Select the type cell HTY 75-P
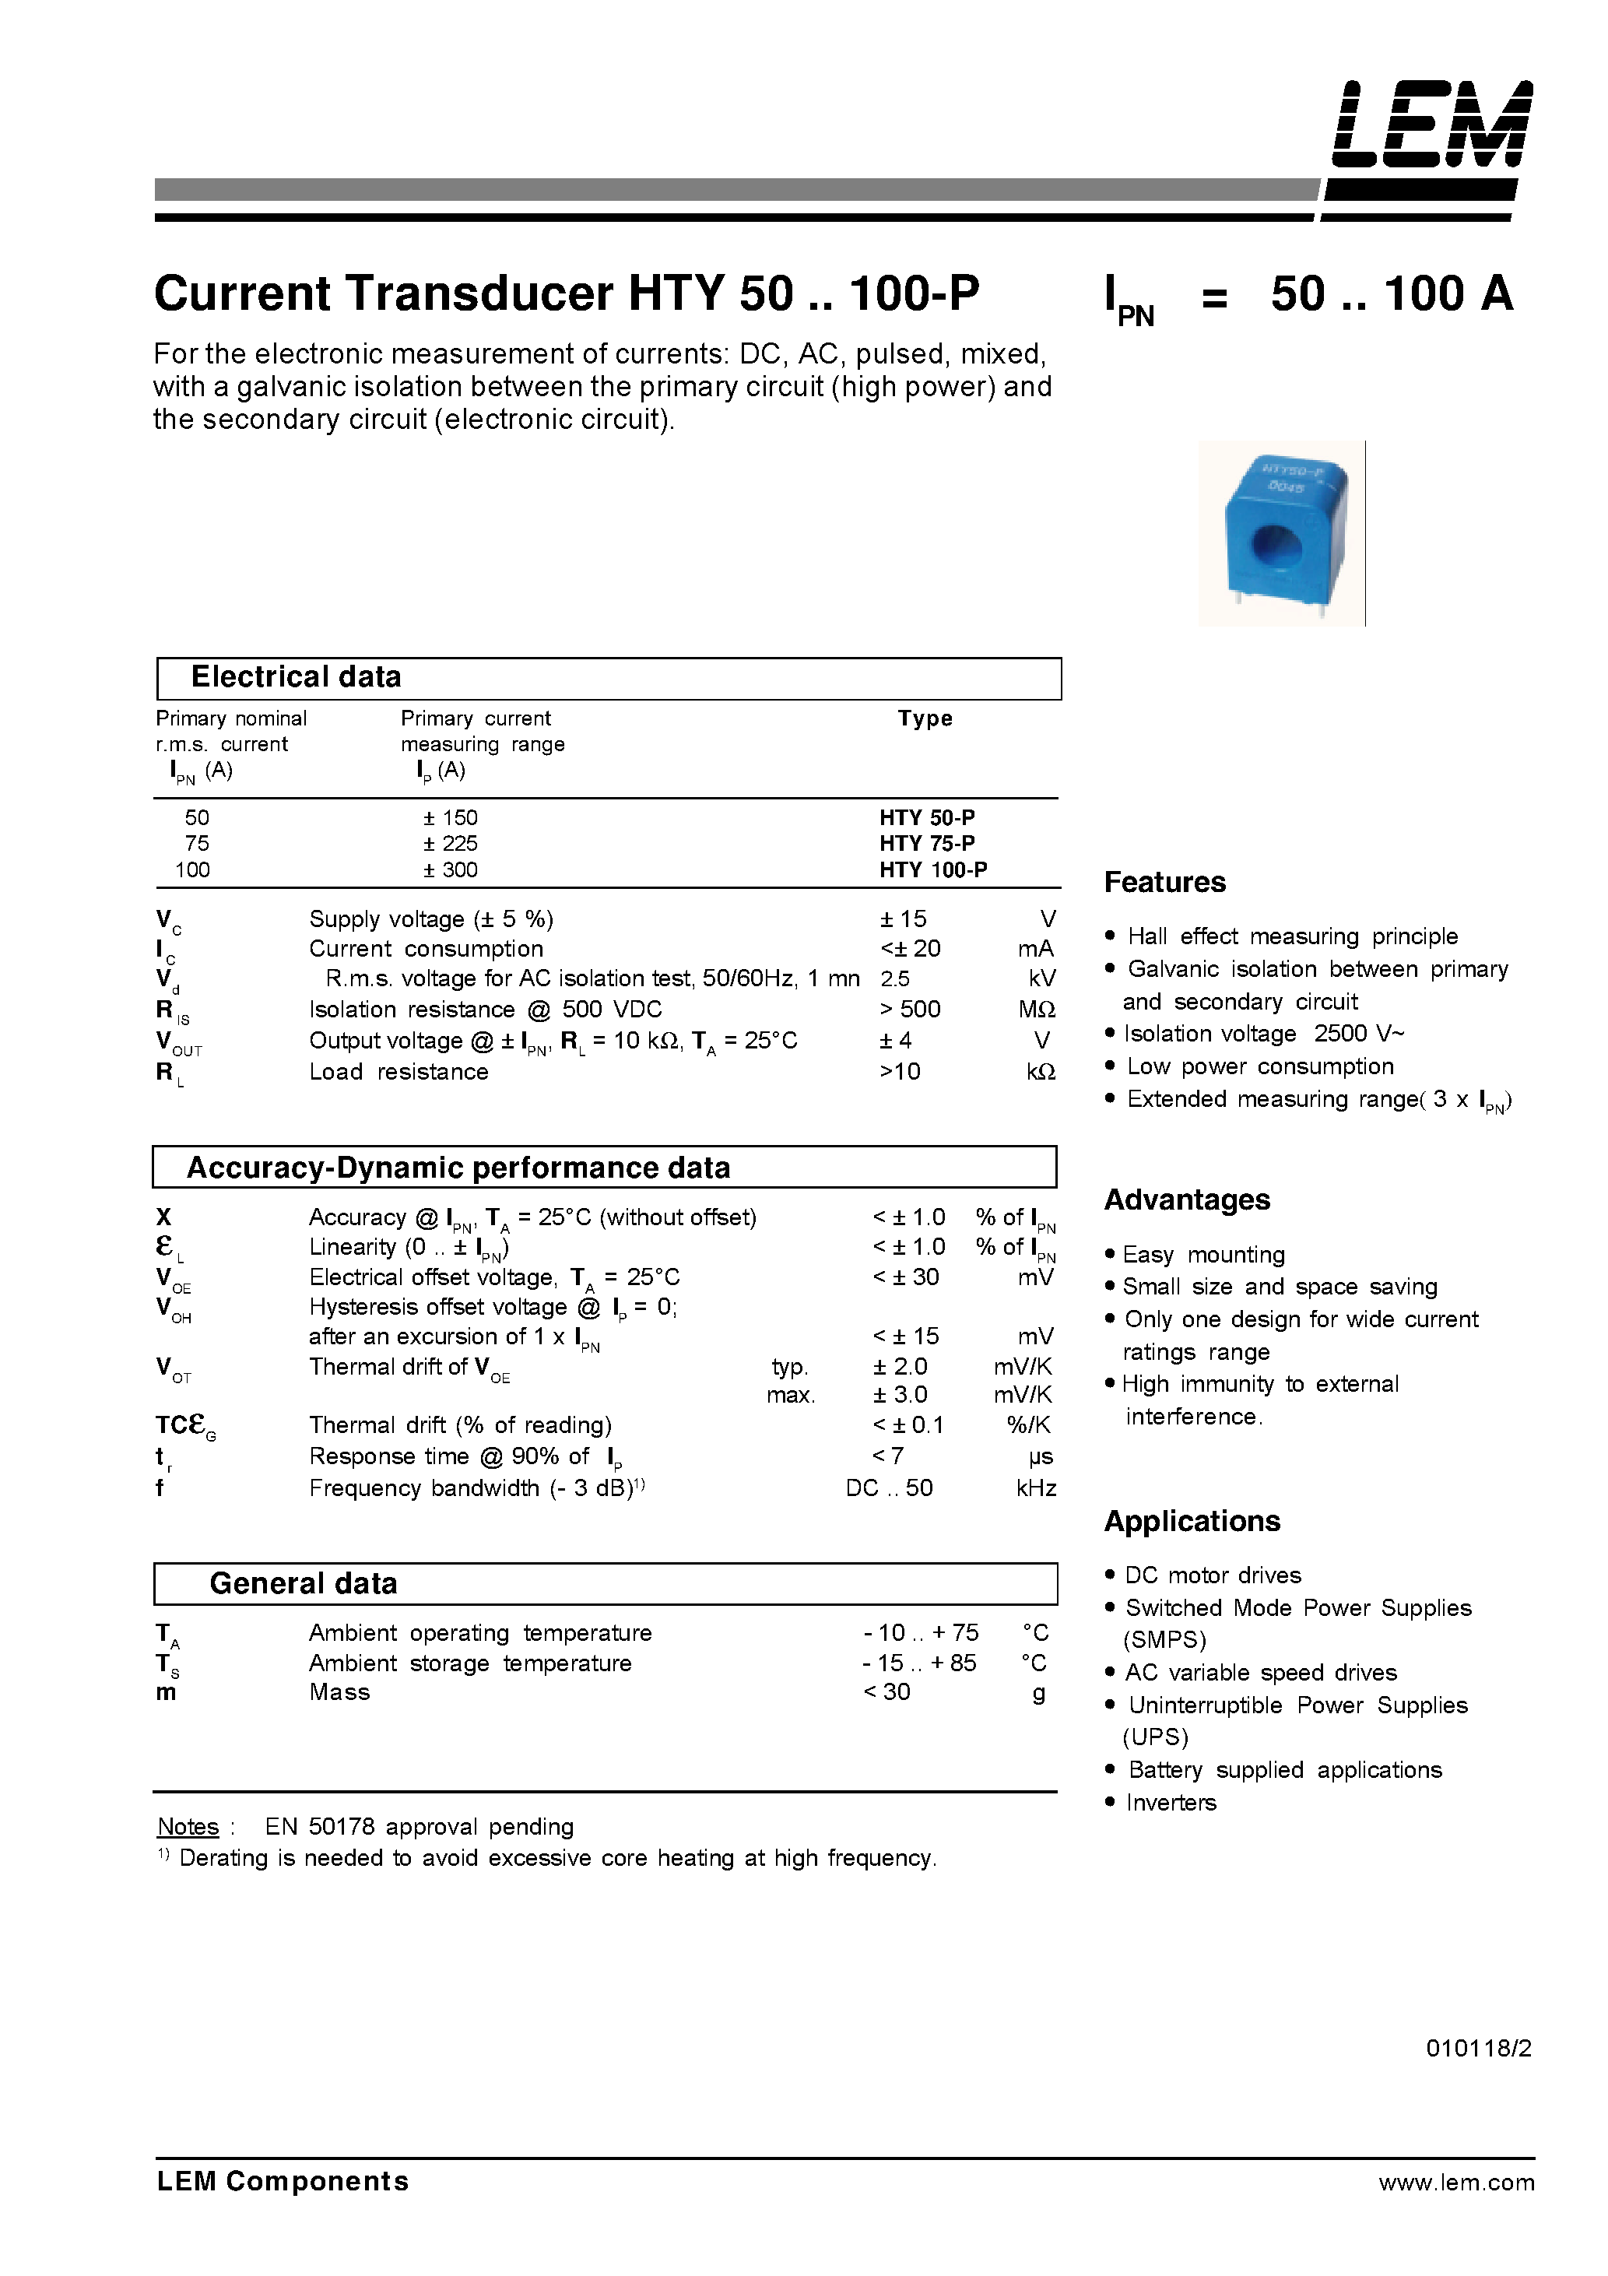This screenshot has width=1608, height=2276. coord(927,844)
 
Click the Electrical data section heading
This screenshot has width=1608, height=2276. coord(296,677)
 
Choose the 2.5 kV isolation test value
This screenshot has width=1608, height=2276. coord(895,979)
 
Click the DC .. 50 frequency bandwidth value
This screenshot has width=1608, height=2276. coord(890,1488)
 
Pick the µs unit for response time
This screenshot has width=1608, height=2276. coord(1040,1457)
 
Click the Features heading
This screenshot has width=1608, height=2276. coord(1165,882)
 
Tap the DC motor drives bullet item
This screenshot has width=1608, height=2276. coord(1213,1575)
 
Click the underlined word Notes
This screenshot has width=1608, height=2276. coord(188,1826)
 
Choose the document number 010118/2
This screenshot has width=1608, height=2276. coord(1478,2048)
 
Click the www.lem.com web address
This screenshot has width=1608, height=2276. coord(1455,2182)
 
